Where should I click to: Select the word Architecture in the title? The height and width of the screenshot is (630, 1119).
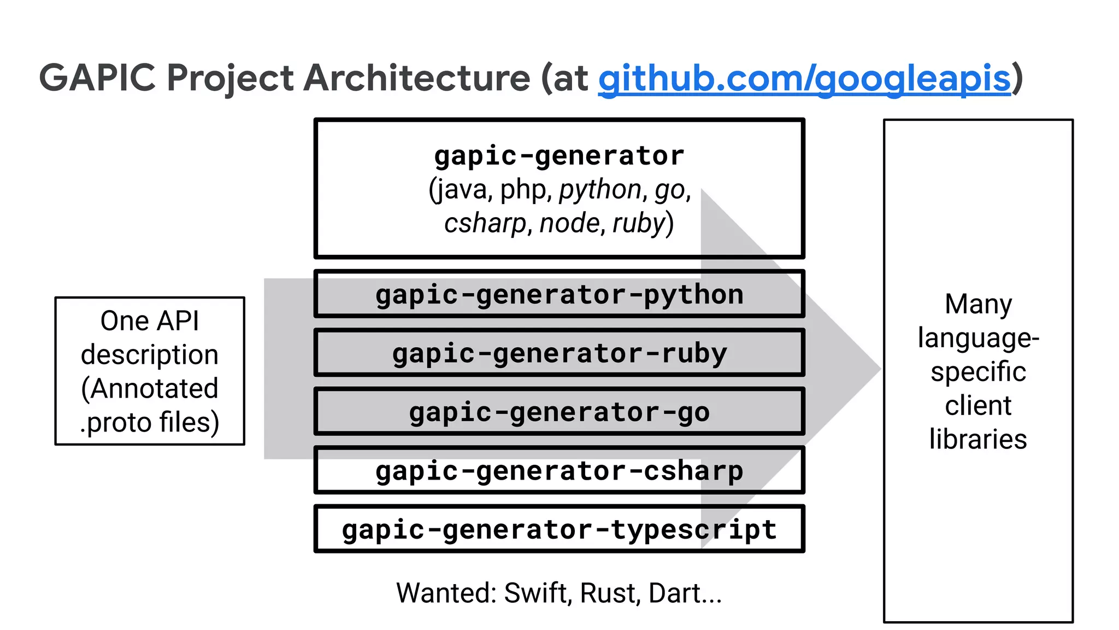[x=416, y=78]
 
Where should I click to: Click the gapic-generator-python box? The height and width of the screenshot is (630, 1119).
[x=559, y=295]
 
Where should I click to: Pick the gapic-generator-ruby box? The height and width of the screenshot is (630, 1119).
[x=559, y=353]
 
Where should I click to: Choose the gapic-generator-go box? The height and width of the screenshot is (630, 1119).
[x=559, y=412]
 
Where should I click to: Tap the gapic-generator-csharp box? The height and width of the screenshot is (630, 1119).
[x=559, y=471]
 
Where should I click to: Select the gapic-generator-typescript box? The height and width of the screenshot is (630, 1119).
[x=559, y=529]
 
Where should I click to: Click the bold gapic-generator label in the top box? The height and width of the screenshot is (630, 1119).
[x=559, y=156]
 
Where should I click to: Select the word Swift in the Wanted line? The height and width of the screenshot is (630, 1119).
[x=535, y=593]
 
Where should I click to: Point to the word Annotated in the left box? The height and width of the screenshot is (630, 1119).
[x=150, y=389]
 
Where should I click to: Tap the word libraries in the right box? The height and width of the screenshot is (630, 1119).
[x=978, y=439]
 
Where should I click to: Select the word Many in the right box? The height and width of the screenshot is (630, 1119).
[x=978, y=304]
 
